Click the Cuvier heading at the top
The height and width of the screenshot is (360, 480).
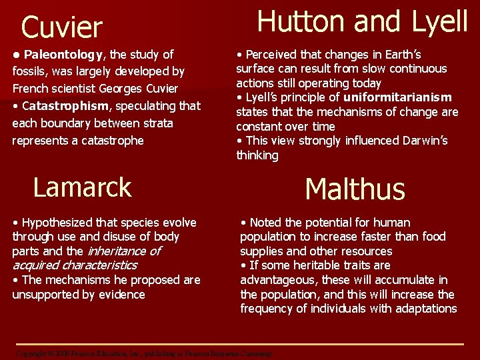[61, 28]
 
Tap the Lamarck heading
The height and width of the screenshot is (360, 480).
[82, 187]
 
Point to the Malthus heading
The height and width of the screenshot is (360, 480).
[355, 189]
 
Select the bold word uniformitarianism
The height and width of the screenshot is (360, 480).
[397, 97]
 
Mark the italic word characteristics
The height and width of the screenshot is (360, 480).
[99, 265]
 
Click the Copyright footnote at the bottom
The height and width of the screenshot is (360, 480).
[143, 353]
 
